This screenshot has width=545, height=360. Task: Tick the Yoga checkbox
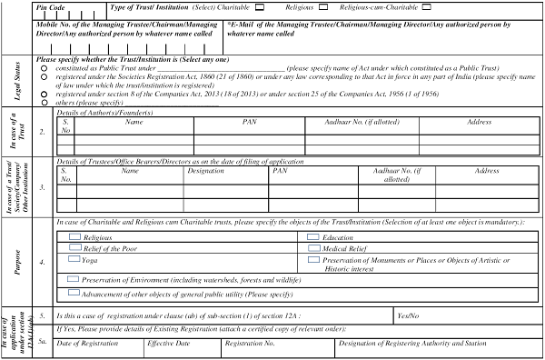pos(75,259)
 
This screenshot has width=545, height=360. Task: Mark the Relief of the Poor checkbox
pos(75,247)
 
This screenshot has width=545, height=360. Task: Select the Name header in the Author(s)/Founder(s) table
pos(135,121)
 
